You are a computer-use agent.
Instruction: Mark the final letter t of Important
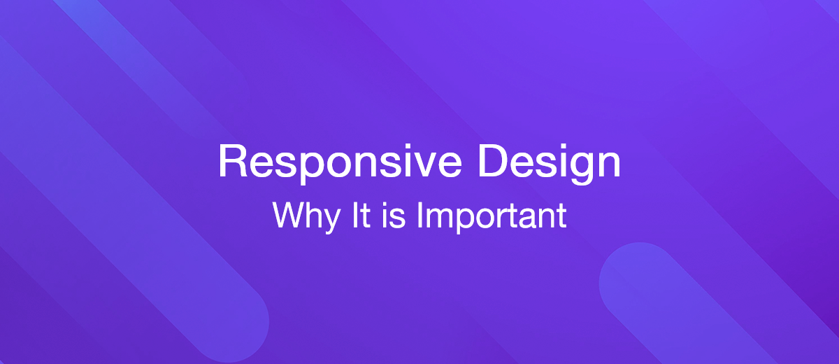coord(561,216)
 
